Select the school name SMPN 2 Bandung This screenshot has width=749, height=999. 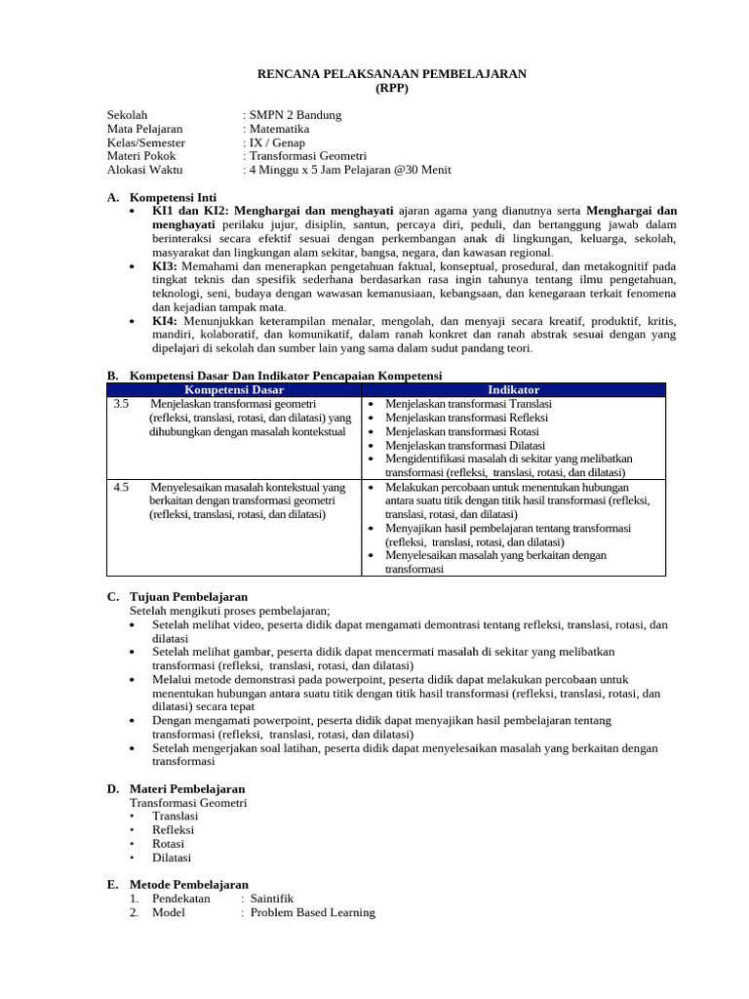point(296,115)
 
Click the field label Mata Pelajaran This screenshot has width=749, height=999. point(144,129)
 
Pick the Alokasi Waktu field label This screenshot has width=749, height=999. point(145,170)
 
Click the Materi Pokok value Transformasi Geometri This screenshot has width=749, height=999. point(307,156)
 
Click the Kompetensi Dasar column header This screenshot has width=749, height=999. point(234,390)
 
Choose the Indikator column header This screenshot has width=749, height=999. point(513,390)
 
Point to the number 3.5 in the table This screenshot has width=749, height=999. point(121,404)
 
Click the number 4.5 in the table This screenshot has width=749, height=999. point(121,487)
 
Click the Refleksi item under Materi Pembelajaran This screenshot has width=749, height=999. point(173,830)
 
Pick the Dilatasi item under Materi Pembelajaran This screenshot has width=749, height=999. point(172,858)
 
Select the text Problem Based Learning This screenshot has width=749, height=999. point(312,912)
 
